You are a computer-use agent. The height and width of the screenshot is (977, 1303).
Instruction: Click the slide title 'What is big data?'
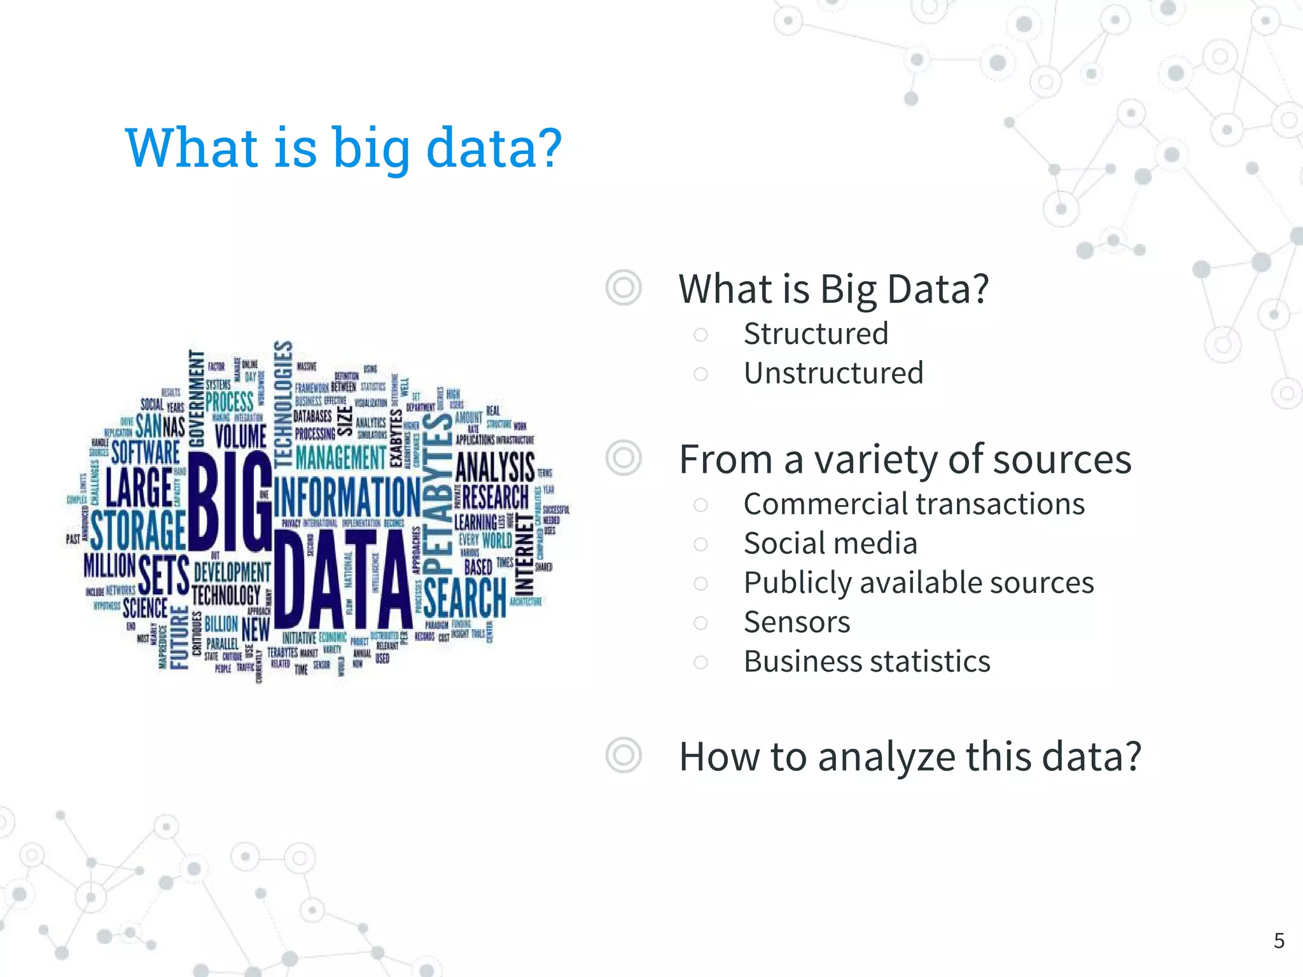344,148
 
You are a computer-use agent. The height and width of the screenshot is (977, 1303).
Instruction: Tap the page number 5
1279,941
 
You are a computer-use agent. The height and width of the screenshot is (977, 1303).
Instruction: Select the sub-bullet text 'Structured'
816,334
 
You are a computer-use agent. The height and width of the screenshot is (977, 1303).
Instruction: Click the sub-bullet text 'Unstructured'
833,373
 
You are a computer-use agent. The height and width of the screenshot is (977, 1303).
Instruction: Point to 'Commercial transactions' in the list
914,504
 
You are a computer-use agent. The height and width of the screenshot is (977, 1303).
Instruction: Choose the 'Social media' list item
830,544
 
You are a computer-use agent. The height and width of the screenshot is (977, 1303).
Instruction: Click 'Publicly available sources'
919,583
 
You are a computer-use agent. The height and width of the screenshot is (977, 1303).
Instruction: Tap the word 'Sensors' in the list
797,622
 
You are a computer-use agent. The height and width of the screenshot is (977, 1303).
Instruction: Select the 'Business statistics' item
867,662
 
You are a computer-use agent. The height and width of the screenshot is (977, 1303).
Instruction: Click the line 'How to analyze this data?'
910,757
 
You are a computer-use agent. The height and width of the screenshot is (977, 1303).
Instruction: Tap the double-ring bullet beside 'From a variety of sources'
624,458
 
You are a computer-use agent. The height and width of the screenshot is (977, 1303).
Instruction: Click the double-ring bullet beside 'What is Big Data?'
624,288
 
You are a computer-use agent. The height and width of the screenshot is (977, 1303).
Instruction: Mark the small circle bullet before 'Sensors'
700,623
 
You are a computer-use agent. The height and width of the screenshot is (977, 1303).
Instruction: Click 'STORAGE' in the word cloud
137,529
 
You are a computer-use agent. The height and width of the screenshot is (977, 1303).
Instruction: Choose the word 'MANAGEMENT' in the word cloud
340,457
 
